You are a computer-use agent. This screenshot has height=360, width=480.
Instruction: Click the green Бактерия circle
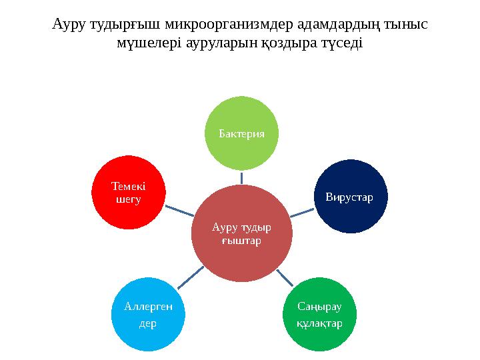tap(241, 133)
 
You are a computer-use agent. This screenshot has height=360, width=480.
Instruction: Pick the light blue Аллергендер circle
tap(148, 313)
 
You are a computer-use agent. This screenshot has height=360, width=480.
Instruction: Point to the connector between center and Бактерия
tap(241, 177)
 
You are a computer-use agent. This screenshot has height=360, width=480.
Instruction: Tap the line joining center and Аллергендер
tap(191, 277)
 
